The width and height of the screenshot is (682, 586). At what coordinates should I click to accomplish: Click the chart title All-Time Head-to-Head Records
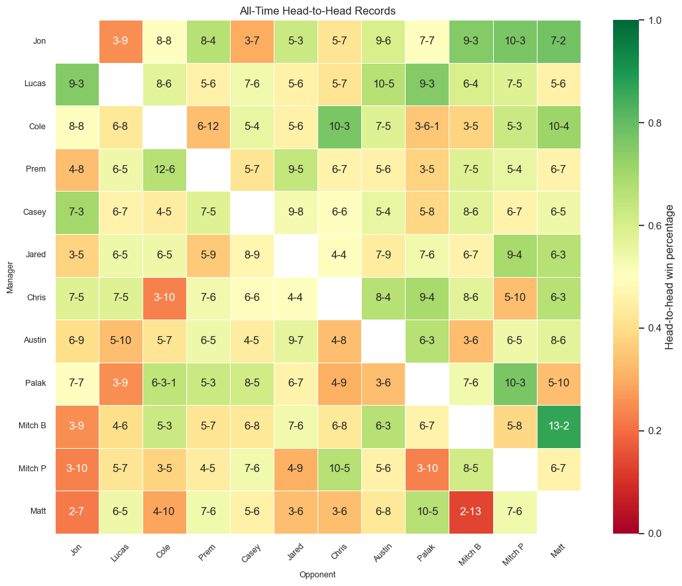(317, 11)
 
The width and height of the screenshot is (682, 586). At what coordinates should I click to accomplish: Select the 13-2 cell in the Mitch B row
(559, 426)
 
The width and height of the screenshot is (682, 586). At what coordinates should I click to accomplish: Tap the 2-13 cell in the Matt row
(471, 512)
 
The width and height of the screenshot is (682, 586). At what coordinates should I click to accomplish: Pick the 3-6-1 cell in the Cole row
(427, 127)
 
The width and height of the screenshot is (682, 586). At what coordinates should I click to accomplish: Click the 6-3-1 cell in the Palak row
(164, 383)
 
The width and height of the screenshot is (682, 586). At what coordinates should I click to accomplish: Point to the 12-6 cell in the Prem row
(164, 169)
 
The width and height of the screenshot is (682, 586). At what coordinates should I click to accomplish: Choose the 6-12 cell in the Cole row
(208, 127)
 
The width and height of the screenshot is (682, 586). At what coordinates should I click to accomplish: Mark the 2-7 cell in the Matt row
(77, 512)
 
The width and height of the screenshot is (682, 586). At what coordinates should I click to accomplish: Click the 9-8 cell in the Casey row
(296, 212)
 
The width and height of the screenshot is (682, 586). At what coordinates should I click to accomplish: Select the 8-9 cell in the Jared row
(252, 255)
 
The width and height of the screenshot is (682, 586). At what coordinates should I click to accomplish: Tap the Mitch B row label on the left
(32, 426)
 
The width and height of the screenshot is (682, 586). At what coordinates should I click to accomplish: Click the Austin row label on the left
(34, 340)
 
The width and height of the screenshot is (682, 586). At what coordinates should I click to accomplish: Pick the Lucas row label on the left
(34, 84)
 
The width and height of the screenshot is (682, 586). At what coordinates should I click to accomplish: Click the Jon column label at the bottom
(76, 550)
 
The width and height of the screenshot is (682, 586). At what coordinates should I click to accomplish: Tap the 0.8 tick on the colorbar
(652, 123)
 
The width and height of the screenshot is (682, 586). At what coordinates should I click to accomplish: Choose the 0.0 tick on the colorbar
(652, 534)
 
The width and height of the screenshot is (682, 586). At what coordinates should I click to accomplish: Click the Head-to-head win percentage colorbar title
(669, 276)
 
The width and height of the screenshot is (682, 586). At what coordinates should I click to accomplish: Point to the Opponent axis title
(317, 575)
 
